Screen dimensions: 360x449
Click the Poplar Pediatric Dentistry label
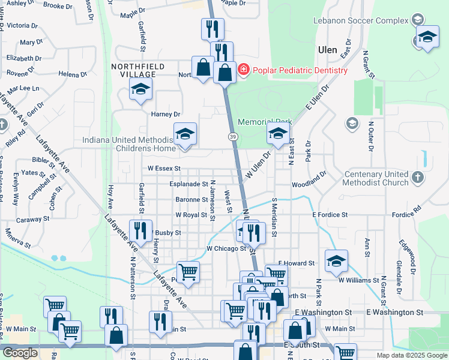click(x=300, y=70)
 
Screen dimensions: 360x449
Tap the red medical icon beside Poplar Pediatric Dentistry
click(x=244, y=70)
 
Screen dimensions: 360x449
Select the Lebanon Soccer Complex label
click(x=361, y=21)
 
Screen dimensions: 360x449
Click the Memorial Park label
click(x=265, y=122)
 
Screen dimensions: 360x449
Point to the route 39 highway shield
click(x=232, y=137)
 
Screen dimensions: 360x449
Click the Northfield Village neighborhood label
click(x=133, y=70)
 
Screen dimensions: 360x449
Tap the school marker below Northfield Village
click(x=141, y=90)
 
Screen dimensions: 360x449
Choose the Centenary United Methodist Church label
click(x=376, y=178)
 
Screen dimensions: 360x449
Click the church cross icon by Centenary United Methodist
click(x=418, y=178)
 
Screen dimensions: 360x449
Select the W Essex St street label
click(x=161, y=169)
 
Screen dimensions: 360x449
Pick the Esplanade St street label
click(x=188, y=184)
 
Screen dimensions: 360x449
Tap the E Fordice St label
click(x=330, y=215)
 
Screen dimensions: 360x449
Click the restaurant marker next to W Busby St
click(x=140, y=232)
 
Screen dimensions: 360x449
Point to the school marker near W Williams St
click(x=336, y=260)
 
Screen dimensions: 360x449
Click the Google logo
click(x=20, y=353)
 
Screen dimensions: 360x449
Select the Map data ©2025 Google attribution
click(x=411, y=355)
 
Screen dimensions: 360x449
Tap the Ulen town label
click(x=328, y=49)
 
